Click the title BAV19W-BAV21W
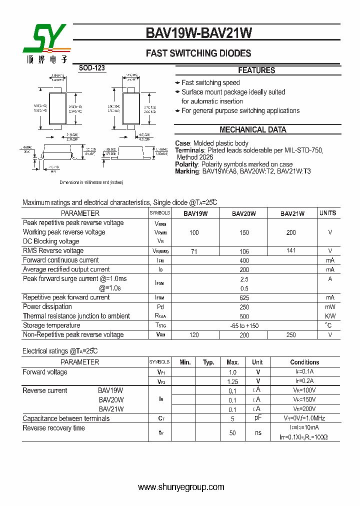pyautogui.click(x=198, y=33)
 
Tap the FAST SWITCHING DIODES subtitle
pyautogui.click(x=198, y=53)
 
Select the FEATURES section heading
pyautogui.click(x=256, y=70)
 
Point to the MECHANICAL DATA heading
pyautogui.click(x=253, y=129)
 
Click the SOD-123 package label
pyautogui.click(x=92, y=68)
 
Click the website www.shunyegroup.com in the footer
pyautogui.click(x=181, y=487)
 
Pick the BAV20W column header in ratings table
pyautogui.click(x=243, y=213)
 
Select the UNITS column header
pyautogui.click(x=328, y=213)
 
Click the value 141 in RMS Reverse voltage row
pyautogui.click(x=291, y=250)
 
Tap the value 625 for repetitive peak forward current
pyautogui.click(x=244, y=297)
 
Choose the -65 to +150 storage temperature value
pyautogui.click(x=244, y=325)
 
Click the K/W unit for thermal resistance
pyautogui.click(x=330, y=316)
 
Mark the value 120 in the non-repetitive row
pyautogui.click(x=194, y=335)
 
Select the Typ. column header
pyautogui.click(x=208, y=362)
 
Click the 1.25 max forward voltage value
pyautogui.click(x=232, y=381)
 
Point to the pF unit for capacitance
pyautogui.click(x=258, y=417)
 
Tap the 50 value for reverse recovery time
pyautogui.click(x=232, y=432)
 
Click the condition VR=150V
pyautogui.click(x=304, y=399)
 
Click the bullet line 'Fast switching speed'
pyautogui.click(x=210, y=82)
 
